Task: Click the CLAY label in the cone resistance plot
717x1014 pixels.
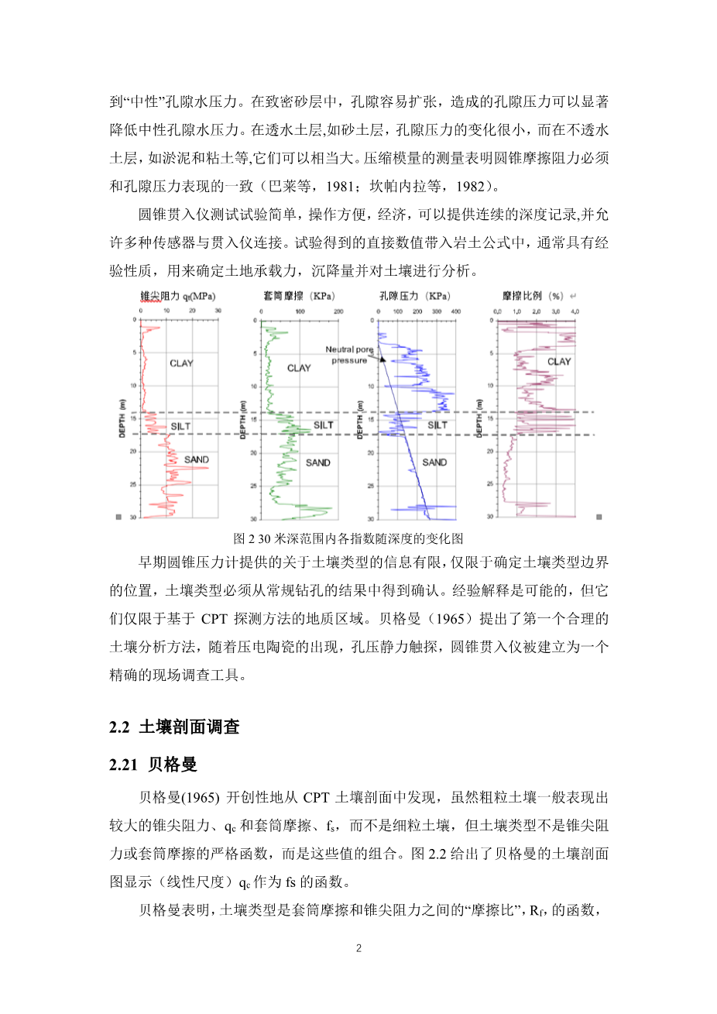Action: (x=181, y=363)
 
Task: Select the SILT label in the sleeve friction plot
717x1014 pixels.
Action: (x=324, y=425)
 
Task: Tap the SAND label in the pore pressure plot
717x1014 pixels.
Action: (x=434, y=462)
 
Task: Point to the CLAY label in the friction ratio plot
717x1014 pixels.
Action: (x=559, y=362)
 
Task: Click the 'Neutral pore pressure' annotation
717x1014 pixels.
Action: (x=350, y=355)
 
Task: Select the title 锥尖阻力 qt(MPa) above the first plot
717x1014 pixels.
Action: (x=177, y=296)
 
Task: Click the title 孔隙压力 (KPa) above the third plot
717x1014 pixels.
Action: (x=414, y=296)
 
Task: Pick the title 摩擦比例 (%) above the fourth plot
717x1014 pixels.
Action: (x=533, y=296)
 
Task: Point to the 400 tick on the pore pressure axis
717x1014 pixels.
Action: (x=455, y=311)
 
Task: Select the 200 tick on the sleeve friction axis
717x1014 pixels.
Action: (x=338, y=311)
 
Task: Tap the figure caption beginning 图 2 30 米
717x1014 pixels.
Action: (x=348, y=538)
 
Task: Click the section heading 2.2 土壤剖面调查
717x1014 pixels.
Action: (x=174, y=727)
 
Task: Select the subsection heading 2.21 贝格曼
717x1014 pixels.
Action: (x=153, y=765)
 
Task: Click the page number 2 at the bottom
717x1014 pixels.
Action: (x=358, y=949)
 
